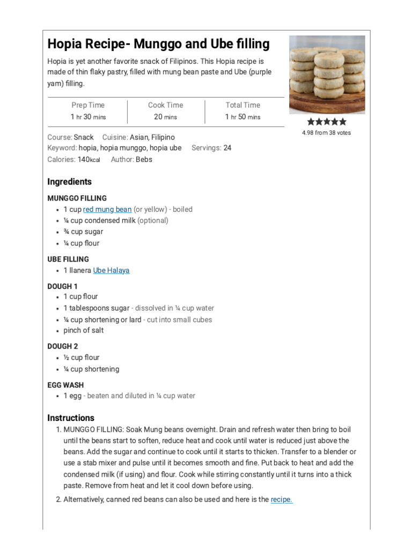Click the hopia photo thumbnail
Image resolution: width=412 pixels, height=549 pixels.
[x=327, y=75]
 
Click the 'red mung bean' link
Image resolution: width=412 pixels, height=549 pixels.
[x=107, y=209]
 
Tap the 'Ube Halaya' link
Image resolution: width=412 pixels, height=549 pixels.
[x=111, y=270]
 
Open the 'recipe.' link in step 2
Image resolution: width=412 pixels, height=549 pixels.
[x=282, y=500]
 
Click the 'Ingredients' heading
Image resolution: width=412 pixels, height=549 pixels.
[x=69, y=182]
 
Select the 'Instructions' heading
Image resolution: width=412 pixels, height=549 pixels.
[x=71, y=418]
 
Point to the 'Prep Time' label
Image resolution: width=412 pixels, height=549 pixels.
[x=88, y=105]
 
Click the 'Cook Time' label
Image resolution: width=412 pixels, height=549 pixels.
[x=165, y=105]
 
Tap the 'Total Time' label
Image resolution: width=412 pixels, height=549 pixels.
[x=243, y=105]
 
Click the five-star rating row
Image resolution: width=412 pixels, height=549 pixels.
[x=327, y=122]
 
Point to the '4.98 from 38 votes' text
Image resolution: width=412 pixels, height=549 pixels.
[x=326, y=132]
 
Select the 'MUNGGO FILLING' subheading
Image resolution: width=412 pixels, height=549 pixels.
[x=77, y=198]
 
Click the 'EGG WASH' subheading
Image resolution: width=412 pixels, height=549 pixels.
[x=65, y=385]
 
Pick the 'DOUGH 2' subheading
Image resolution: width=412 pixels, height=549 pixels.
[x=63, y=346]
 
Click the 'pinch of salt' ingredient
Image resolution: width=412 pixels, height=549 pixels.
[x=84, y=330]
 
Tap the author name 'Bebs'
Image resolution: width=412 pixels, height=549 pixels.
[x=144, y=159]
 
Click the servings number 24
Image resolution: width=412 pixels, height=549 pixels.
[x=227, y=148]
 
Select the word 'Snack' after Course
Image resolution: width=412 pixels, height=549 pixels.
[x=84, y=137]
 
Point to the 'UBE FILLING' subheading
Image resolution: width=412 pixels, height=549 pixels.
[x=68, y=259]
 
